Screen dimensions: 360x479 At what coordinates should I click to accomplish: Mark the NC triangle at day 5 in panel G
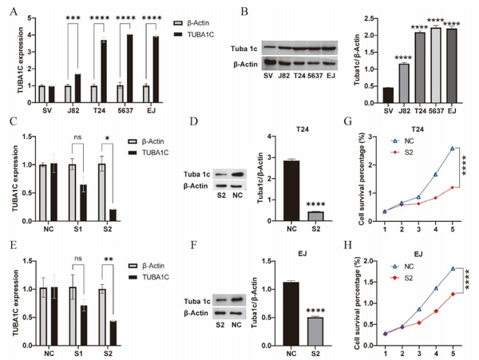point(453,148)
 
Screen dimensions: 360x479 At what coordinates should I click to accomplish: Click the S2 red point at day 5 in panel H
point(453,294)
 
